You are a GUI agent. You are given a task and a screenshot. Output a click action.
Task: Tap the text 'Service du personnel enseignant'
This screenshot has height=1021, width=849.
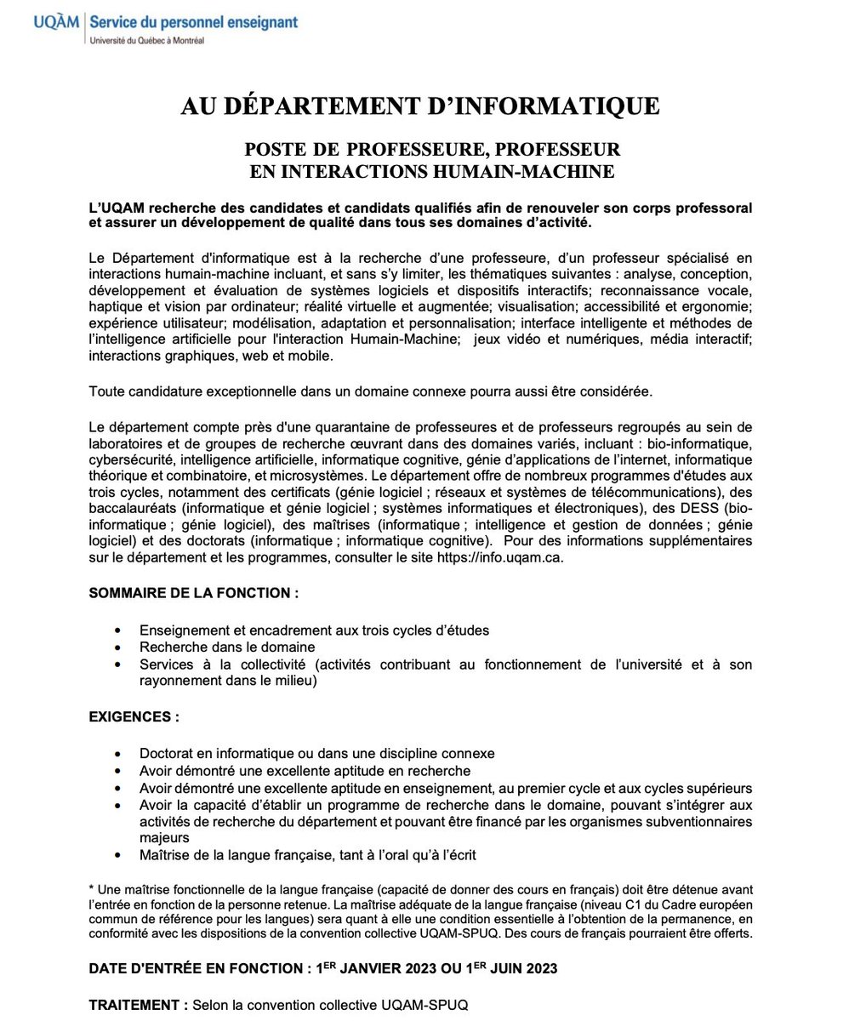[193, 21]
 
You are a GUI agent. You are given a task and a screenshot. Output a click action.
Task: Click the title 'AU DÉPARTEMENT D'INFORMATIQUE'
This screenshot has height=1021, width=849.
[419, 106]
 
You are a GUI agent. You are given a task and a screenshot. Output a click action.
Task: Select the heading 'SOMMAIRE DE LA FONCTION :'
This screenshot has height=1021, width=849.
[194, 592]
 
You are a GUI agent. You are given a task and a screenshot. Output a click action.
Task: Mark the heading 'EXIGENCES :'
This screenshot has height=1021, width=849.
[134, 716]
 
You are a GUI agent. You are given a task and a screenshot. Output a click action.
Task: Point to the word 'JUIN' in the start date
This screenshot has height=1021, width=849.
[515, 969]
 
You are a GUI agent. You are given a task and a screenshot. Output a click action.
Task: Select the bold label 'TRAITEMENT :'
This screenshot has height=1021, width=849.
[139, 1005]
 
